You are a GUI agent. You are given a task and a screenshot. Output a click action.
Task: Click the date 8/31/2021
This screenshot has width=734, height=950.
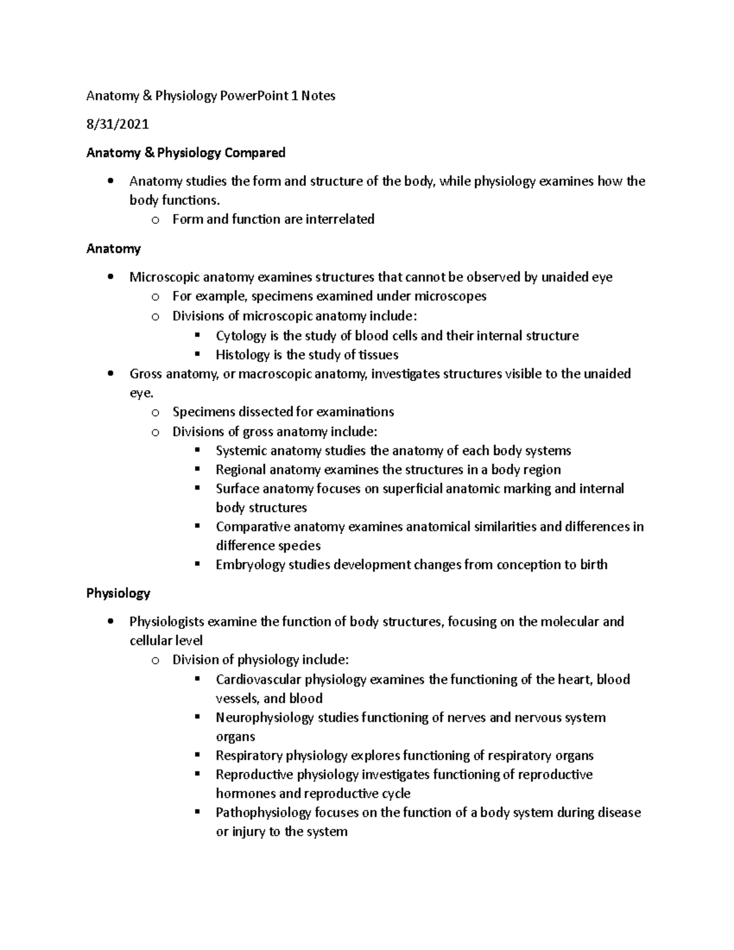[x=117, y=124]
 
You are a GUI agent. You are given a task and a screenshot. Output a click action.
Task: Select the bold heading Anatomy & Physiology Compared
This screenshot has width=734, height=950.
[x=185, y=152]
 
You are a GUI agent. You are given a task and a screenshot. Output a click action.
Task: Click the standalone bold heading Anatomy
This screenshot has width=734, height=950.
[x=113, y=248]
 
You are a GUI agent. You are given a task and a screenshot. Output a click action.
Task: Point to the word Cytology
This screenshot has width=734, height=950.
[x=241, y=336]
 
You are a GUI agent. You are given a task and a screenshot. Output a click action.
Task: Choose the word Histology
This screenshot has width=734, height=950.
[x=243, y=355]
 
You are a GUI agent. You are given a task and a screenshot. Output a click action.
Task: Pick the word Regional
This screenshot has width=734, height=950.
[x=240, y=470]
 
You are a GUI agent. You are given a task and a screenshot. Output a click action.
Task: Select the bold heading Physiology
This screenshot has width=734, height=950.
[x=118, y=593]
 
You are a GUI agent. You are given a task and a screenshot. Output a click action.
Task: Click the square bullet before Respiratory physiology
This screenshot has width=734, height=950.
[x=197, y=755]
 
